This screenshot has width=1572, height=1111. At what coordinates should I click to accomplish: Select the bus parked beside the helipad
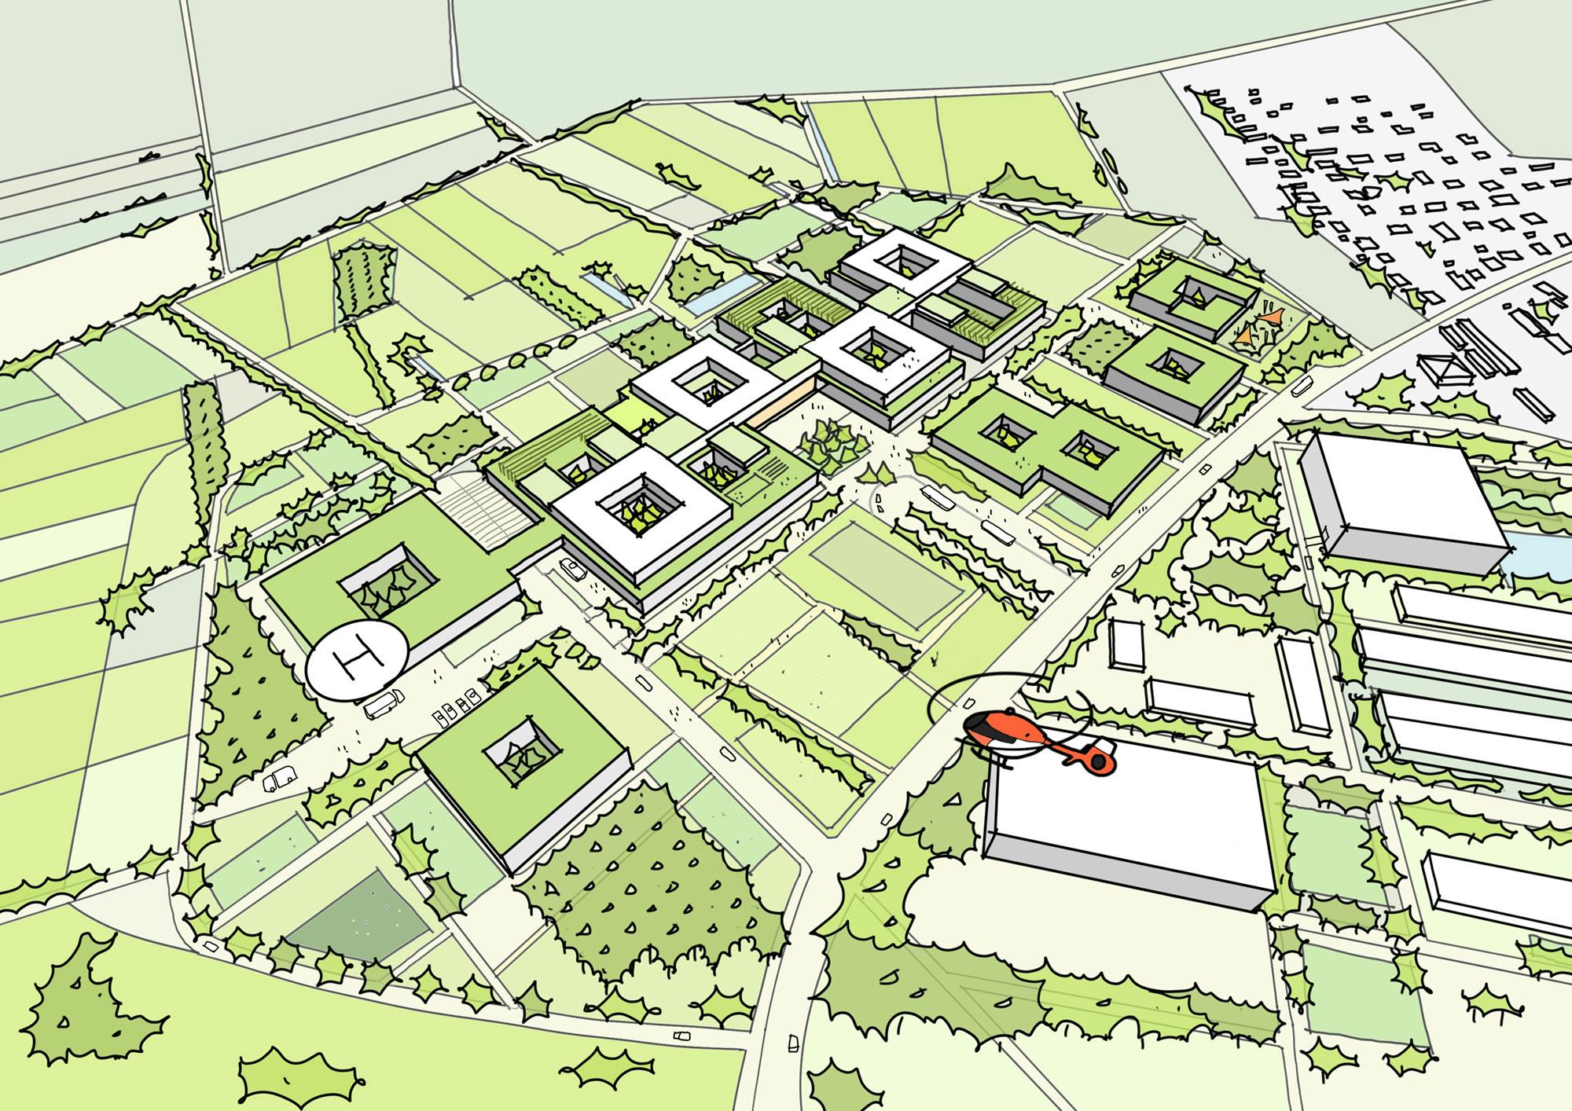384,702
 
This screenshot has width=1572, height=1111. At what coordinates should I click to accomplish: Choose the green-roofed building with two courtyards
1045,444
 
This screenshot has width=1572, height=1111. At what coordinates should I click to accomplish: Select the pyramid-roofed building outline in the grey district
1443,369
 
